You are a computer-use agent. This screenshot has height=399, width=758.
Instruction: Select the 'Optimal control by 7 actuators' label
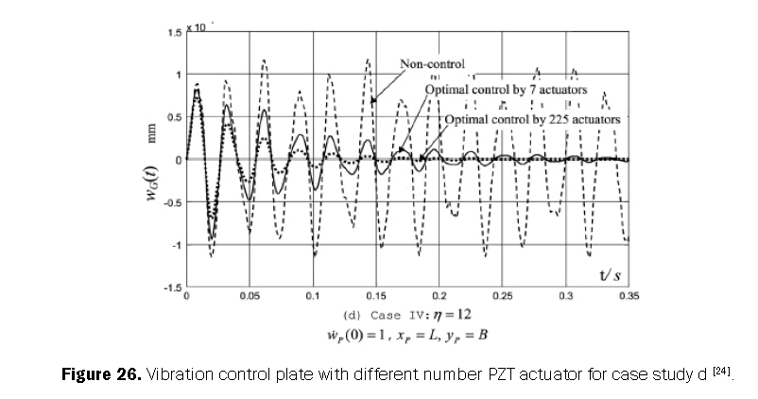506,89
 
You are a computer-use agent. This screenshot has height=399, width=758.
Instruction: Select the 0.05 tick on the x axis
250,296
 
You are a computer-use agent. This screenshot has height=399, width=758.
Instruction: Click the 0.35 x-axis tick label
628,296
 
